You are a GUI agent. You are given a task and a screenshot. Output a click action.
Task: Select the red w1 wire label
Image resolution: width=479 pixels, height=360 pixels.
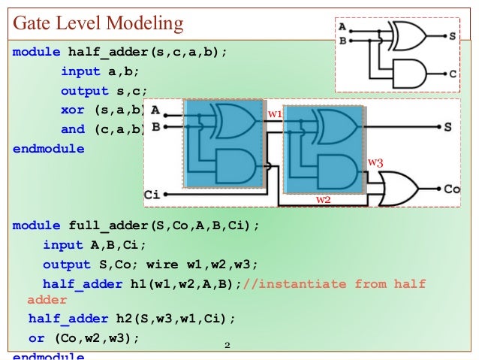coord(274,113)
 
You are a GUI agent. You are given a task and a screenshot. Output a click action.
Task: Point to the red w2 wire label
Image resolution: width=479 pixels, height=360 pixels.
coord(323,199)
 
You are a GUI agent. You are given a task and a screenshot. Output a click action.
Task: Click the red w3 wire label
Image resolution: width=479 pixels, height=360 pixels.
coord(375,163)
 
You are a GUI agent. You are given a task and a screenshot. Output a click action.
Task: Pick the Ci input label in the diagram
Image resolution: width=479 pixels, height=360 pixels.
coord(152,195)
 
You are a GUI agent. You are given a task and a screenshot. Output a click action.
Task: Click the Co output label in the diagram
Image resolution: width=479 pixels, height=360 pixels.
coord(451,189)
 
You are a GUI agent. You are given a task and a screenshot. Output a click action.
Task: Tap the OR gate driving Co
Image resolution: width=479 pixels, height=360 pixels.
coord(402,189)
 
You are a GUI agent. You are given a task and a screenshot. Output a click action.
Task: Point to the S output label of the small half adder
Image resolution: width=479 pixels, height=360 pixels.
coord(453,35)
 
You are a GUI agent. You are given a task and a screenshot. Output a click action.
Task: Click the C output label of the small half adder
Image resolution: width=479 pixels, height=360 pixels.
coord(453,74)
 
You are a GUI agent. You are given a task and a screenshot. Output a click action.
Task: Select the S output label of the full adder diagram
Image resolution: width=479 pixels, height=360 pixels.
coord(447,127)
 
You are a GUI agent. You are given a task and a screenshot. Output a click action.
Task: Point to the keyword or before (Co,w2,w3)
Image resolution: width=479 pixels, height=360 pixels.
coord(36,337)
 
